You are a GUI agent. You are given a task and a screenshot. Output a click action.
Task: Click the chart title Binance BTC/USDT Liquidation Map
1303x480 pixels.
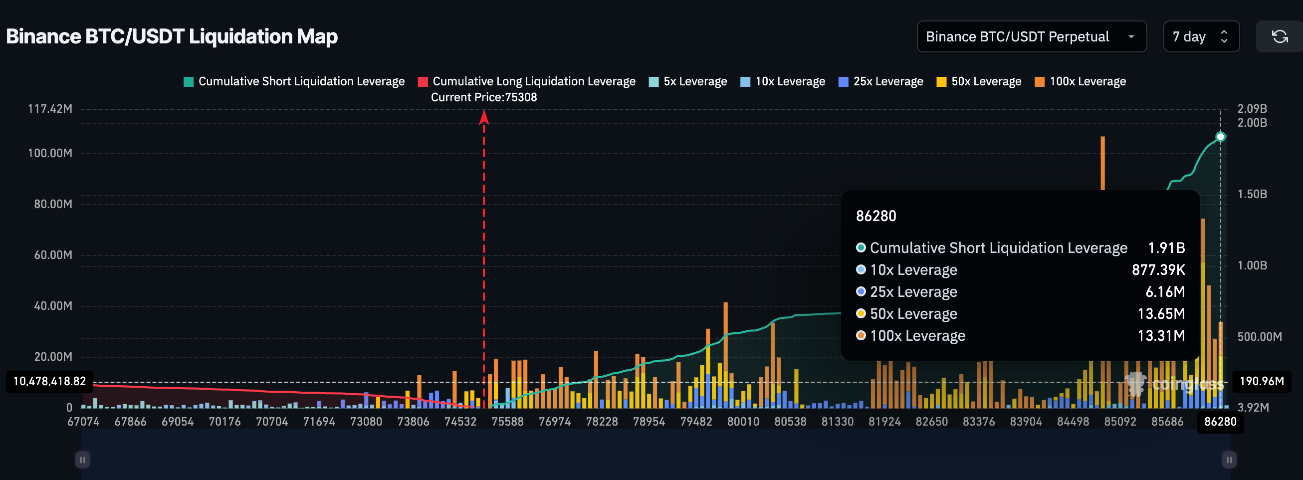point(172,37)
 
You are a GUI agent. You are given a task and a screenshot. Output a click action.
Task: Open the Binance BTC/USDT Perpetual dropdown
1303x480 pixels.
point(1031,37)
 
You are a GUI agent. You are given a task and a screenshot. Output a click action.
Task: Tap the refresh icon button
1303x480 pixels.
point(1280,37)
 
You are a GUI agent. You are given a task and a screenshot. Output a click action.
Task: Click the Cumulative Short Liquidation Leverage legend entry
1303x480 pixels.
point(294,81)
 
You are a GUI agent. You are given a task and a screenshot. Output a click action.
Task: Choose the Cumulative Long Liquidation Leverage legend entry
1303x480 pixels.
point(527,81)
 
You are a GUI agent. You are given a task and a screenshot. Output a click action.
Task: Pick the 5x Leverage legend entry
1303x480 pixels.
point(688,81)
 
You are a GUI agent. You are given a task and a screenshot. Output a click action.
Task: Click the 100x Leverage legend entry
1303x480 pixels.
point(1081,81)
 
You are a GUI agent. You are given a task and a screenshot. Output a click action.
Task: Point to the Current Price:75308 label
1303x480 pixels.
point(483,97)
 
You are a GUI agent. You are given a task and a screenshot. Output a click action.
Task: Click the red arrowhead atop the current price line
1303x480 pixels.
point(484,118)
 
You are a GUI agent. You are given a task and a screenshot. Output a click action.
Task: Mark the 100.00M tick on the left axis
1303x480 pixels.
point(50,153)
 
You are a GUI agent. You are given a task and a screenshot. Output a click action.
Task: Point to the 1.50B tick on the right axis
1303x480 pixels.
point(1252,194)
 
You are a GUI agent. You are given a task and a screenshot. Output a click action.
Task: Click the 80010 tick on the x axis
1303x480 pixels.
point(743,422)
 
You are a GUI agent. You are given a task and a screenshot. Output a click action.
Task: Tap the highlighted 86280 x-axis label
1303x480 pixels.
point(1220,422)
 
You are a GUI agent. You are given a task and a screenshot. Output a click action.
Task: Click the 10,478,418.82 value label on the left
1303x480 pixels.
point(49,381)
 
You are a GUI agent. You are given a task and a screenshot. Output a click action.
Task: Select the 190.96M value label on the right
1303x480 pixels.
point(1262,381)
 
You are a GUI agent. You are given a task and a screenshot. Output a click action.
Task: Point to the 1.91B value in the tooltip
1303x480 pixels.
point(1166,248)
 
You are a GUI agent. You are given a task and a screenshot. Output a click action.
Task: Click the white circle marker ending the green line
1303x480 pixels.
point(1221,137)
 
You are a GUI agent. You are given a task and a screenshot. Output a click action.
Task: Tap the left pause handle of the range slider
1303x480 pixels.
point(82,460)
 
